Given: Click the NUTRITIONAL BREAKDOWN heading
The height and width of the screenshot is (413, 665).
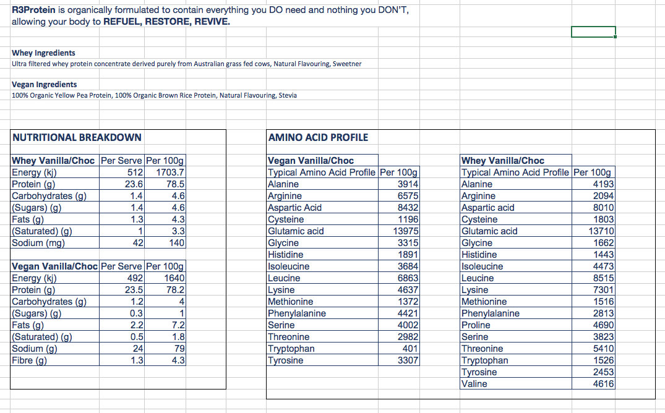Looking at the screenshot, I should pyautogui.click(x=77, y=137).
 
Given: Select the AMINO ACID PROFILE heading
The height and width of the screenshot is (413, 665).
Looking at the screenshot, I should pyautogui.click(x=318, y=137).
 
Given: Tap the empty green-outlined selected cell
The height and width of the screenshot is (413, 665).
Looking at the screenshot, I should pyautogui.click(x=593, y=32).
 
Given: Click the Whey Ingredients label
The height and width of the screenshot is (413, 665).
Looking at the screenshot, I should pyautogui.click(x=43, y=53).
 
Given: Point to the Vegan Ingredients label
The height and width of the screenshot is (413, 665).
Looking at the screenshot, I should pyautogui.click(x=45, y=85).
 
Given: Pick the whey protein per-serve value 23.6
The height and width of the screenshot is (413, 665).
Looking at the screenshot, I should pyautogui.click(x=134, y=184).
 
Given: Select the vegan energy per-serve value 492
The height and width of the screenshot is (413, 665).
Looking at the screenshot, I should pyautogui.click(x=135, y=278).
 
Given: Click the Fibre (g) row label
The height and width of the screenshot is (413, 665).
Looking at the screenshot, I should pyautogui.click(x=30, y=360).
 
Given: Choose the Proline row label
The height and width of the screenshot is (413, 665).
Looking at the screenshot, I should pyautogui.click(x=476, y=325).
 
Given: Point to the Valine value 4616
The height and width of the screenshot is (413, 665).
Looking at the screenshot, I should pyautogui.click(x=603, y=384).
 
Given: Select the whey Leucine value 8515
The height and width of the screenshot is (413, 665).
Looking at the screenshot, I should pyautogui.click(x=603, y=278).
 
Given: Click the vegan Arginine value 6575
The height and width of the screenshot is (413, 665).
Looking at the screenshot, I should pyautogui.click(x=408, y=196).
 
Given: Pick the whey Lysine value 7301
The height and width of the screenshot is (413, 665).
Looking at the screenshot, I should pyautogui.click(x=603, y=290).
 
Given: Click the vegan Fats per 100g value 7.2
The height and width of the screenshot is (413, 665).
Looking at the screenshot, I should pyautogui.click(x=178, y=325).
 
